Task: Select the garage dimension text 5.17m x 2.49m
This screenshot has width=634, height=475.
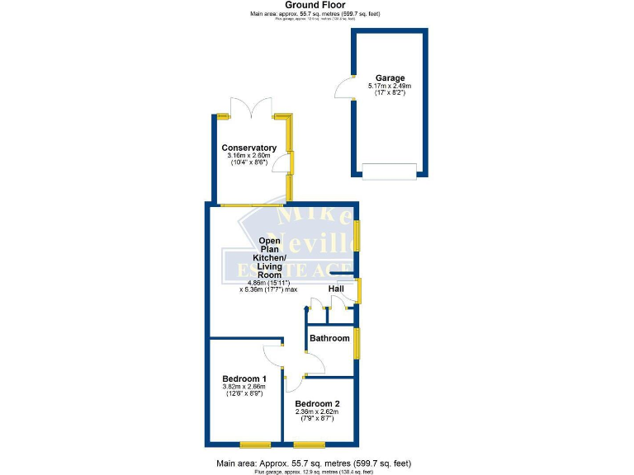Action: click(390, 86)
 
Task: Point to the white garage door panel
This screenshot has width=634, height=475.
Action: click(390, 171)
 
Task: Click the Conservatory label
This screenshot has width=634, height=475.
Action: click(248, 148)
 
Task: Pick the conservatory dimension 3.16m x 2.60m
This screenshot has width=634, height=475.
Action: click(248, 156)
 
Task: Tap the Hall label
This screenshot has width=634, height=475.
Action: click(336, 289)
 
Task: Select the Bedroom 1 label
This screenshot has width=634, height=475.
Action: click(244, 379)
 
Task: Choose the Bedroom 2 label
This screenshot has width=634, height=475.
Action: click(318, 403)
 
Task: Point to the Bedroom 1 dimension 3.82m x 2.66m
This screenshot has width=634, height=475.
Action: click(244, 387)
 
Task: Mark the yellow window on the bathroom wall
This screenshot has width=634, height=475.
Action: click(357, 343)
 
